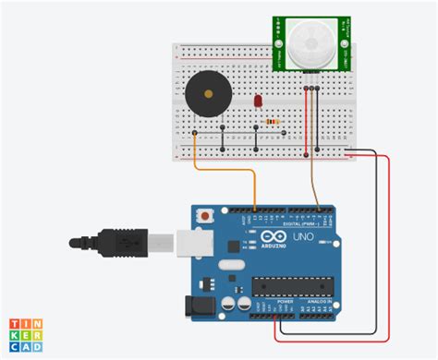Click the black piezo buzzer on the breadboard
204,92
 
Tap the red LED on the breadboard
257,100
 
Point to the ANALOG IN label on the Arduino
322,302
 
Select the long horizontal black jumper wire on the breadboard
225,135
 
